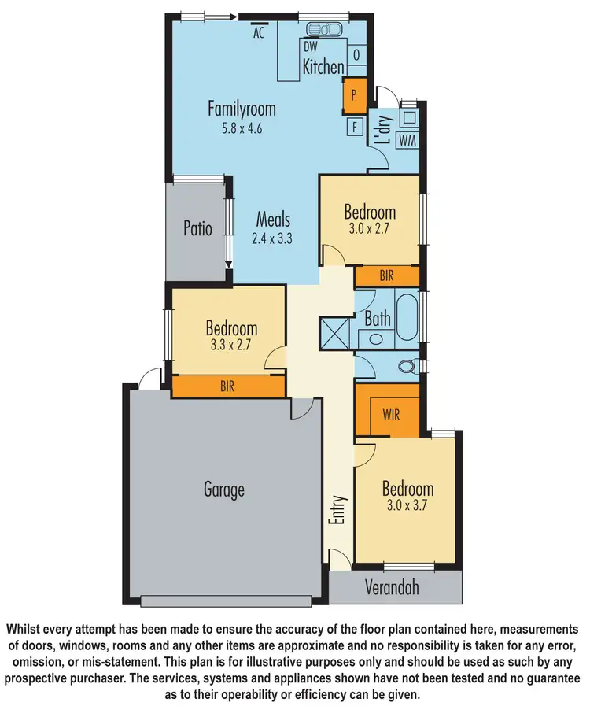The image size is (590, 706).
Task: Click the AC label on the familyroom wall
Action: (257, 33)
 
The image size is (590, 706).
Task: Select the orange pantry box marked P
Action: (354, 94)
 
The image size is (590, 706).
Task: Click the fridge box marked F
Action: (354, 126)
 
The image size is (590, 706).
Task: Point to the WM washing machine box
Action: (407, 140)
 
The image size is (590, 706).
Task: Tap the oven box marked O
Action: (356, 54)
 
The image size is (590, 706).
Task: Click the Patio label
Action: (197, 229)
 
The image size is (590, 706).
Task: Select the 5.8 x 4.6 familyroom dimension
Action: (241, 127)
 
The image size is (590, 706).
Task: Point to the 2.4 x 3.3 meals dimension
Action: (272, 238)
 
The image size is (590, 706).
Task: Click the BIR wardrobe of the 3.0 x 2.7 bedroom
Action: (386, 275)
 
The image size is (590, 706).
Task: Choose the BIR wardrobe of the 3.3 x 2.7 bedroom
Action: (227, 386)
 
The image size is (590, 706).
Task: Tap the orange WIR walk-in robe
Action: (390, 413)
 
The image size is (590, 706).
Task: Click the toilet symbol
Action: (407, 366)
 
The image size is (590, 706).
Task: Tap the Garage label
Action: (224, 490)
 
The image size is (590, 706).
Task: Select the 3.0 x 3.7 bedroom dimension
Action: (407, 505)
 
